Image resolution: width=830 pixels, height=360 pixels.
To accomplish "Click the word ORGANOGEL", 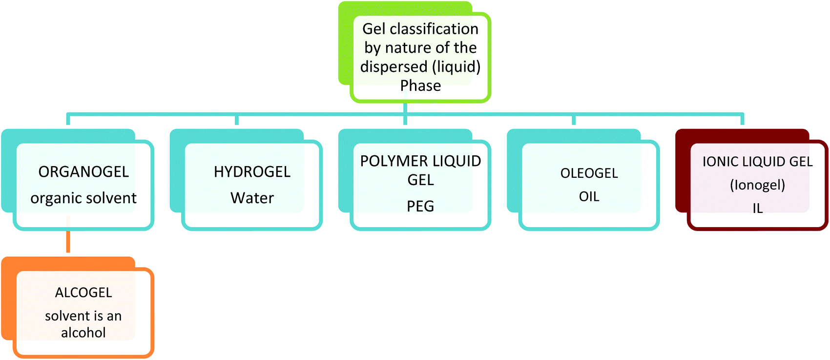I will tap(83, 172).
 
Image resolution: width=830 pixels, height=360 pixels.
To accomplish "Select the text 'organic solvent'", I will tap(83, 198).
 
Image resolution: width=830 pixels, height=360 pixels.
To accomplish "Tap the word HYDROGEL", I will tap(252, 172).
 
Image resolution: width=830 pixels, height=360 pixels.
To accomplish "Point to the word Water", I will tap(252, 198).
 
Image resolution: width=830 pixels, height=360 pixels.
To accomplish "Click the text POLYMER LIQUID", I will tap(420, 161).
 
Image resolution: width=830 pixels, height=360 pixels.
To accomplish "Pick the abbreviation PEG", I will tap(420, 206).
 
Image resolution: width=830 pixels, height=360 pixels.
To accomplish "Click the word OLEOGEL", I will tap(589, 173).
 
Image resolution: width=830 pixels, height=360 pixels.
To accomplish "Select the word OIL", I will tap(589, 197).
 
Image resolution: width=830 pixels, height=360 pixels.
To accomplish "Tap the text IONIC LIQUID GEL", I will tap(757, 162).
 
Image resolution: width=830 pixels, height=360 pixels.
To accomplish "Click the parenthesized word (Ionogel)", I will tap(757, 185).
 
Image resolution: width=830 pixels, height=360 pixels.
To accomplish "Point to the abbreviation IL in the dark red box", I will tap(757, 209).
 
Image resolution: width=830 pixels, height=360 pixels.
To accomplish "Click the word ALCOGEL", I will tap(83, 293).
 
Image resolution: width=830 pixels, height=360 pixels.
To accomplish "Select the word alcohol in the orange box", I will tap(83, 333).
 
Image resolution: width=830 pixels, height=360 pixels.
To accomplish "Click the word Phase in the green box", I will tap(420, 86).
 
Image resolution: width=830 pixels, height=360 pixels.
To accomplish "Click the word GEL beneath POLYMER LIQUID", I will tap(420, 180).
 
